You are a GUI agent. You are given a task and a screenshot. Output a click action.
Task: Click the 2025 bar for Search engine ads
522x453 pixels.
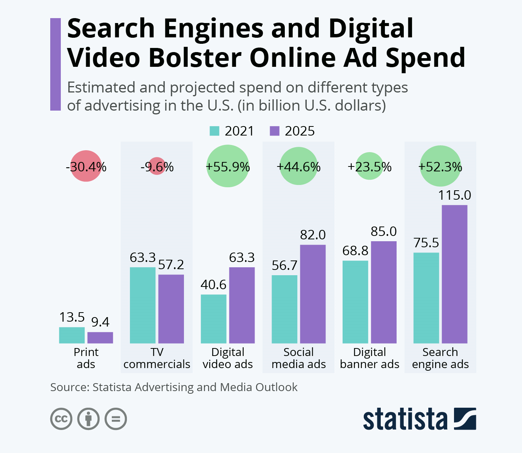pos(454,274)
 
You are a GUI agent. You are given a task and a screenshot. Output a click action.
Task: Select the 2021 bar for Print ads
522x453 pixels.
pos(72,335)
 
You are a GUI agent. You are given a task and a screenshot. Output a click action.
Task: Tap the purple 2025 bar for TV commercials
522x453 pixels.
pos(171,309)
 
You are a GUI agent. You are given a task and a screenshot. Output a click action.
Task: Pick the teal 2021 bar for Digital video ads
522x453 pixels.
pos(213,319)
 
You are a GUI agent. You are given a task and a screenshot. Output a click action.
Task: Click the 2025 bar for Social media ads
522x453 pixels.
pos(313,294)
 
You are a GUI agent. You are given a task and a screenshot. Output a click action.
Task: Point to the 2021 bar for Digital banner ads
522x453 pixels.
pos(355,302)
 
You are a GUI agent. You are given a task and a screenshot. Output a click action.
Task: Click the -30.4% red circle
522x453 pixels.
pos(86,166)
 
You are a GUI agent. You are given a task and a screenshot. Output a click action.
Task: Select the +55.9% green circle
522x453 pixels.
pos(228,166)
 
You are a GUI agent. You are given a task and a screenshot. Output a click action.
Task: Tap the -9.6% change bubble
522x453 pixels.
pos(157,166)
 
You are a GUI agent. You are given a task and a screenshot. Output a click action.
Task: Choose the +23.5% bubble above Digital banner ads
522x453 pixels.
pos(369,166)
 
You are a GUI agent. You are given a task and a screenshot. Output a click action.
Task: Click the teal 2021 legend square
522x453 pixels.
pos(214,131)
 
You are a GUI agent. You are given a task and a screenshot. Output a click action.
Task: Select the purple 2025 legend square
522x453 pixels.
pos(275,131)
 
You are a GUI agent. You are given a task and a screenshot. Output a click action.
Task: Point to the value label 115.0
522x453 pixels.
pos(454,195)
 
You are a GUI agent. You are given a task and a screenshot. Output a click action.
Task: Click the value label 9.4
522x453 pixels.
pos(100,322)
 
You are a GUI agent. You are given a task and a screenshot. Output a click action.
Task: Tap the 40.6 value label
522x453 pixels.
pos(213,285)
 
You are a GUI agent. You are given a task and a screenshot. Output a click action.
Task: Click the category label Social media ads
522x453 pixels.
pos(298,358)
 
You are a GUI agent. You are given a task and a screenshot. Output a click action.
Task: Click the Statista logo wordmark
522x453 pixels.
pos(405,419)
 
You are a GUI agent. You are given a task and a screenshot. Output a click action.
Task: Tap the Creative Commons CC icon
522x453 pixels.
pos(61,419)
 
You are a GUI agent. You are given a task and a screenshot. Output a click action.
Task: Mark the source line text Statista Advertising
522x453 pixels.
pos(143,387)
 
